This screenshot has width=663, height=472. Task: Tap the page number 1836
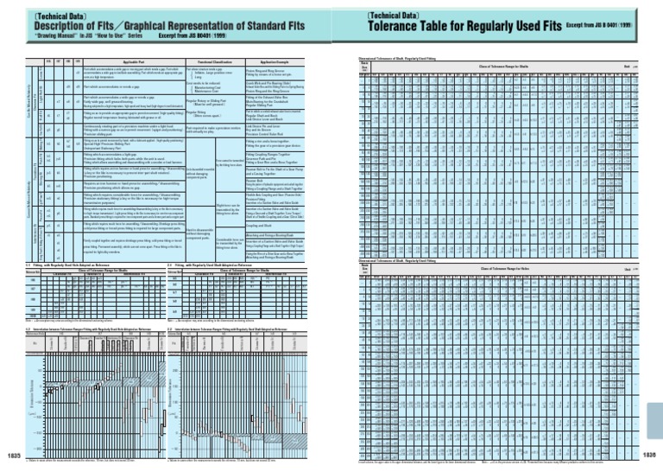(x=648, y=455)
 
